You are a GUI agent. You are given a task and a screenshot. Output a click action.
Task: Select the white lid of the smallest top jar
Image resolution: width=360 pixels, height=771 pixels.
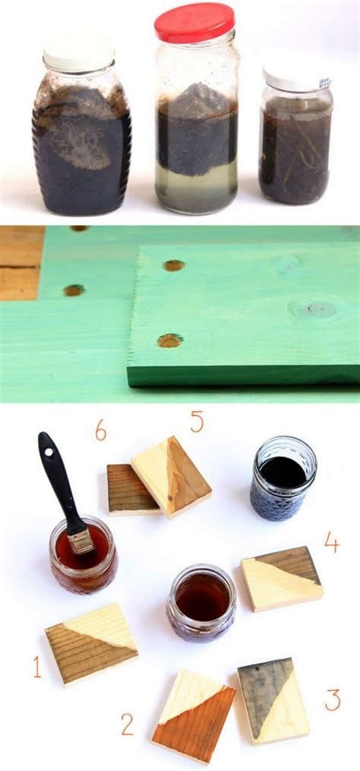[297, 76]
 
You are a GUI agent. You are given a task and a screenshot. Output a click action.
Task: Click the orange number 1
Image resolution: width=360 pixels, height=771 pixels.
[36, 667]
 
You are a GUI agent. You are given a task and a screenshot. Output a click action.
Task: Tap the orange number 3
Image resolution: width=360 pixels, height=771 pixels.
[333, 700]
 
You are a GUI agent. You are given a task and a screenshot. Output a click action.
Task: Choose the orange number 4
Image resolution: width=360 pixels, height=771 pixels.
[331, 542]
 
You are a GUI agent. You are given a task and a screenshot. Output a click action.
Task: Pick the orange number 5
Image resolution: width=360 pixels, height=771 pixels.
[197, 421]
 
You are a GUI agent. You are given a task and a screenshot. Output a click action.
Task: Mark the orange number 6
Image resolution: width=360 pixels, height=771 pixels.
[101, 430]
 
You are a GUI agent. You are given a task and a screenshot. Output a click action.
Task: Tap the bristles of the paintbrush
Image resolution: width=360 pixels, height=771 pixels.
[81, 540]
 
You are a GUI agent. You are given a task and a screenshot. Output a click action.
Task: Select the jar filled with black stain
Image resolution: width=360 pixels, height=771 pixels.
[283, 479]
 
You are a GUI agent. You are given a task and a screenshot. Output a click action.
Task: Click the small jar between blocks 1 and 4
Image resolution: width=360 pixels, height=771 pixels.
[201, 602]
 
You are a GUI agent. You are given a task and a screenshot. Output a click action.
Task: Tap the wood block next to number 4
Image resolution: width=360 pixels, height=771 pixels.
[282, 577]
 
